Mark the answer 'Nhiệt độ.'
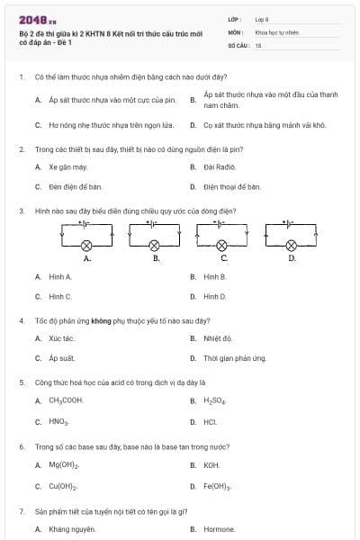[218, 338]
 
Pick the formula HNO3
[58, 420]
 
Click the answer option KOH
[211, 465]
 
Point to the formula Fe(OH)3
[218, 486]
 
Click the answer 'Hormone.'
[220, 529]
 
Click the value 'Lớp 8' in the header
[262, 18]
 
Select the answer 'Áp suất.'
[61, 358]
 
